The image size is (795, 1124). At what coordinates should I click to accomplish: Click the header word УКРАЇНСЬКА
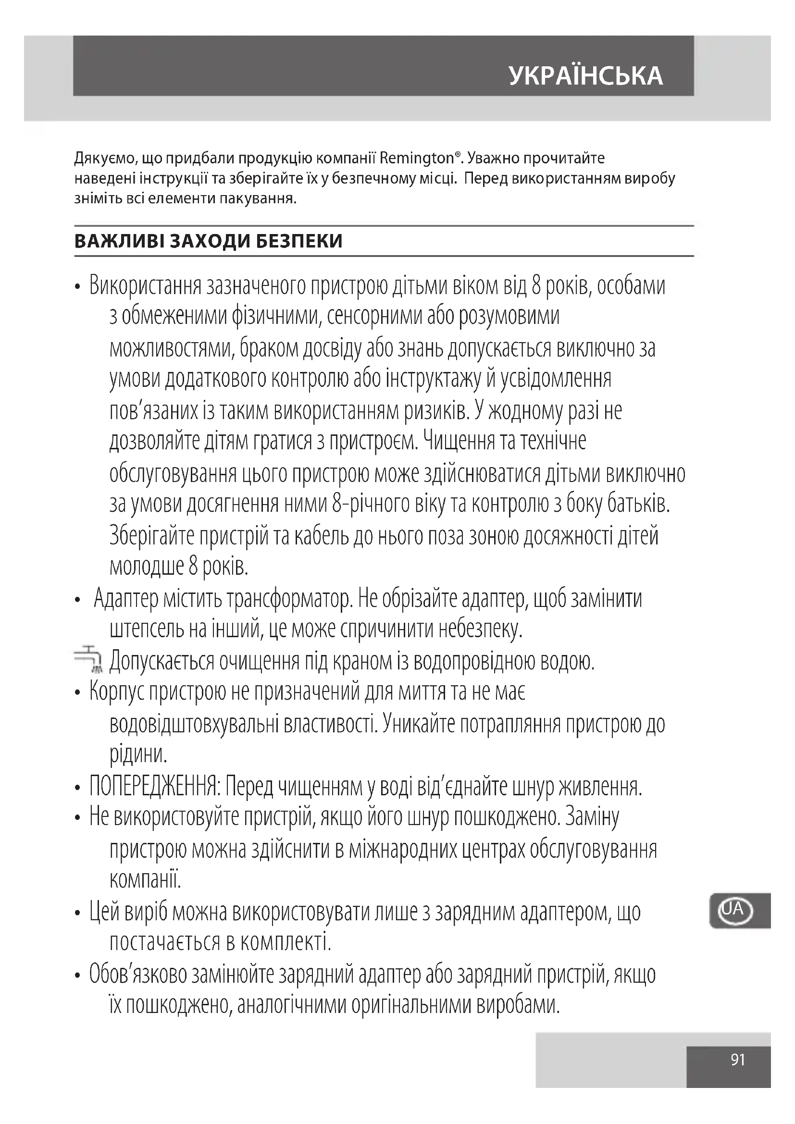click(x=586, y=76)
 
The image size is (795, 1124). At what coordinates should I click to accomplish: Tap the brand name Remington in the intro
click(x=417, y=159)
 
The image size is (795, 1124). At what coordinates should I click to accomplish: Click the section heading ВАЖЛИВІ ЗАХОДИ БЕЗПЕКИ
click(x=208, y=241)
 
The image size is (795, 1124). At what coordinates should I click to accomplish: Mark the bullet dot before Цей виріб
click(x=77, y=914)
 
